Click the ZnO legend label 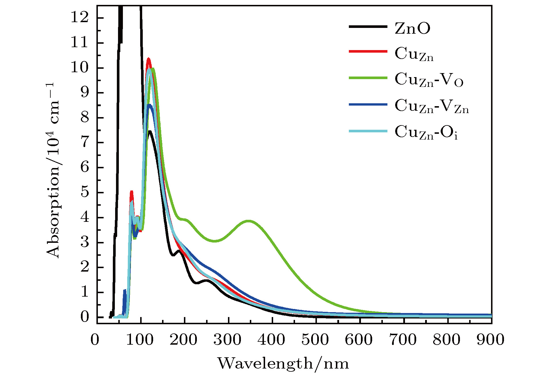tap(412, 28)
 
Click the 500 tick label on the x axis tap(315, 340)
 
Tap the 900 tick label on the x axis tap(490, 340)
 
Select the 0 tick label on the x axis tap(95, 340)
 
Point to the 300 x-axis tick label tap(227, 340)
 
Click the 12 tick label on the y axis tap(79, 18)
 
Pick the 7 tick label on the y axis tap(84, 143)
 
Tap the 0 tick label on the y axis tap(84, 317)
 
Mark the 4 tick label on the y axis tap(84, 217)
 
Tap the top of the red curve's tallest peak tap(149, 59)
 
